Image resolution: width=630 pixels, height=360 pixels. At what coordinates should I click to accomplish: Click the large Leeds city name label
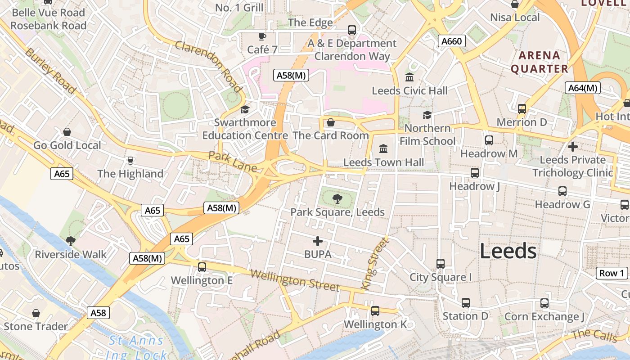[x=508, y=251]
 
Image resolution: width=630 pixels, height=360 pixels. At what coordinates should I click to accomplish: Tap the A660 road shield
[x=451, y=41]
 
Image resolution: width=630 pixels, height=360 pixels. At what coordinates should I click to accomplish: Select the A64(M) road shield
[x=582, y=88]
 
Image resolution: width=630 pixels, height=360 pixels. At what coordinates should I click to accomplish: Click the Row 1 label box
[x=612, y=273]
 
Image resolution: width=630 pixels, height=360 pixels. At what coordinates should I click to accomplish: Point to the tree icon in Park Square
[x=337, y=198]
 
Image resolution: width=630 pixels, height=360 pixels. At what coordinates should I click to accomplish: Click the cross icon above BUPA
[x=318, y=241]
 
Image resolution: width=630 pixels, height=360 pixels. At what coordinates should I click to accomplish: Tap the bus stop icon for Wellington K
[x=375, y=310]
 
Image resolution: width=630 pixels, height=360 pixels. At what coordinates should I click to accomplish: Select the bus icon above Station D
[x=465, y=303]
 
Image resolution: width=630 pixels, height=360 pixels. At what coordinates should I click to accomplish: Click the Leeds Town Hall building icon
[x=383, y=148]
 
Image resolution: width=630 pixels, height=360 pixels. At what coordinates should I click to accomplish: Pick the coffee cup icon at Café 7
[x=262, y=36]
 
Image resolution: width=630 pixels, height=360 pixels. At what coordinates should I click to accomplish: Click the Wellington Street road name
[x=295, y=280]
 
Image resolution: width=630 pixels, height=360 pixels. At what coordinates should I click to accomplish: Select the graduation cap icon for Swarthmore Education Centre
[x=245, y=109]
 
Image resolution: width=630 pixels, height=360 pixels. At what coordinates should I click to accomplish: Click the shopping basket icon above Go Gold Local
[x=67, y=132]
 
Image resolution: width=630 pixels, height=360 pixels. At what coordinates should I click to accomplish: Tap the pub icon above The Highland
[x=130, y=160]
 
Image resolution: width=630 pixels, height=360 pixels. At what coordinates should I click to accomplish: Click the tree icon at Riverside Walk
[x=70, y=241]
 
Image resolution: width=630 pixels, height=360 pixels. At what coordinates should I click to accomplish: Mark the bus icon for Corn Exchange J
[x=544, y=303]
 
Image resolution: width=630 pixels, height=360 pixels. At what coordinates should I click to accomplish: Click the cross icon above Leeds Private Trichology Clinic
[x=572, y=147]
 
